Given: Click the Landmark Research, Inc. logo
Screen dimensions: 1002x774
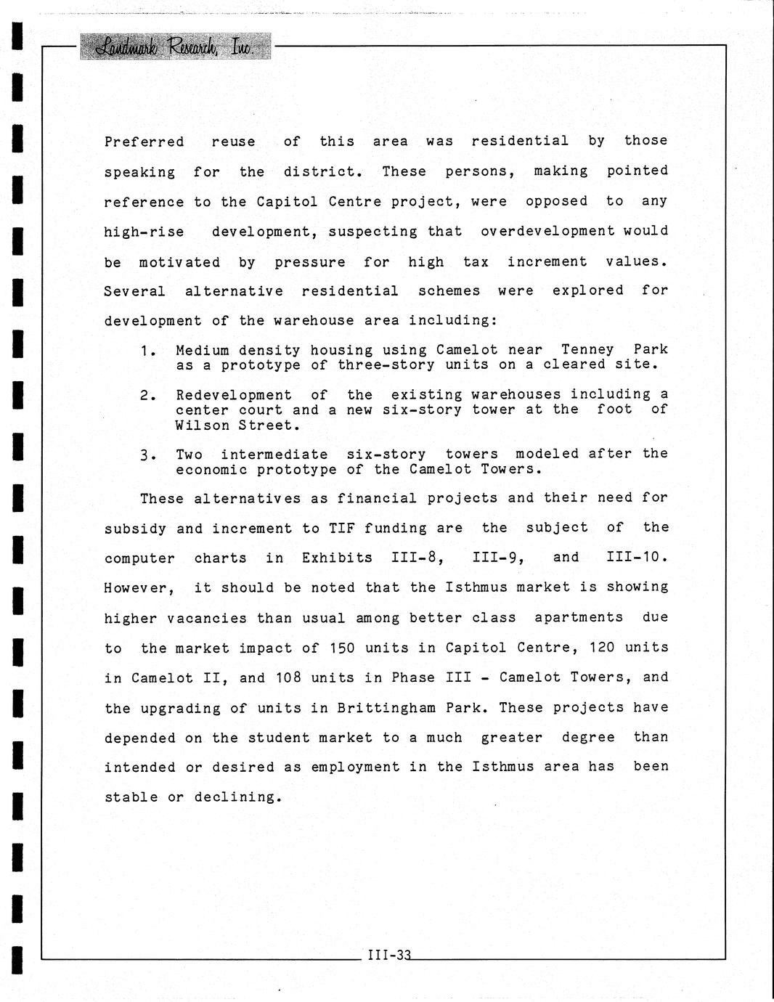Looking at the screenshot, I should click(175, 47).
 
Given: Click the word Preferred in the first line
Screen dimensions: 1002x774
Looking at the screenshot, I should click(144, 142).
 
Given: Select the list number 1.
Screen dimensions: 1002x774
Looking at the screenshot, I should click(147, 351).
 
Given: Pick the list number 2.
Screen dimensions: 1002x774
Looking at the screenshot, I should click(147, 396).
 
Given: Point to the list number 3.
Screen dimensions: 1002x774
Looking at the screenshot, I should click(147, 456).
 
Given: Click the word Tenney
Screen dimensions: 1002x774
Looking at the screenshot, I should click(587, 350).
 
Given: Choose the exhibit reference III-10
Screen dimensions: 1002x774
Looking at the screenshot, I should click(635, 558).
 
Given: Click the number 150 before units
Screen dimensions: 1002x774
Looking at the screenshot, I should click(342, 648).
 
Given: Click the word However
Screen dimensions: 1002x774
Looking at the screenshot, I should click(139, 588).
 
